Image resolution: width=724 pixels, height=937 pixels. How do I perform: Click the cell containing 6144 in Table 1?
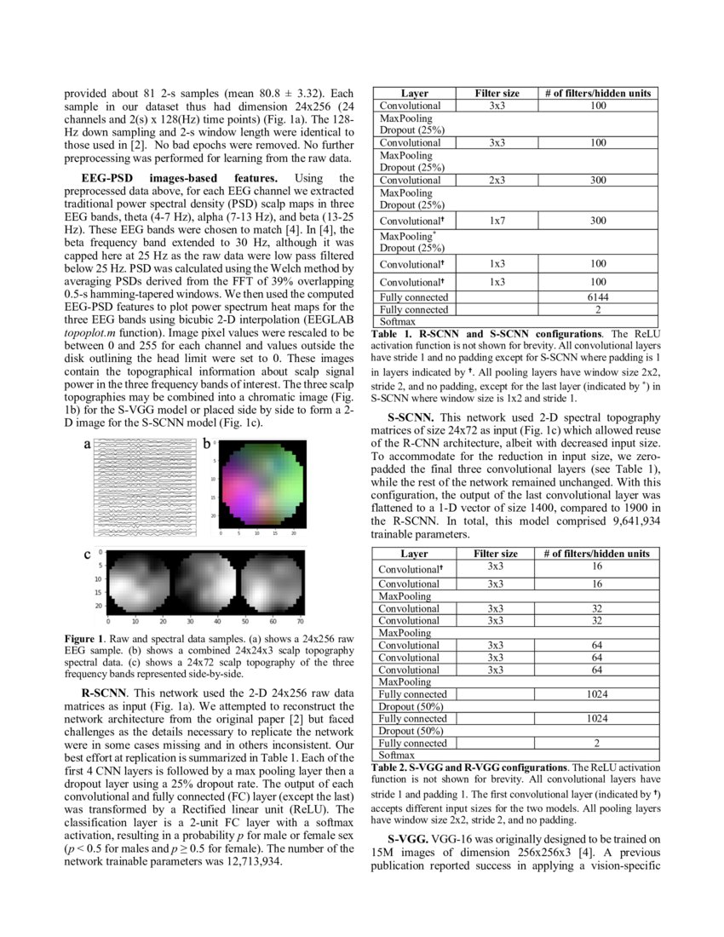tap(598, 298)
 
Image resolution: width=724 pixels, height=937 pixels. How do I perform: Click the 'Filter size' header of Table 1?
tap(497, 93)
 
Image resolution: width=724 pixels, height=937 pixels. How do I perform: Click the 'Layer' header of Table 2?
tap(414, 554)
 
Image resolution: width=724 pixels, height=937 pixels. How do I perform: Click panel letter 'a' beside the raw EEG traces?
tap(87, 444)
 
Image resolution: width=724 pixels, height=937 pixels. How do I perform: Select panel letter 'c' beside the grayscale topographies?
tap(87, 555)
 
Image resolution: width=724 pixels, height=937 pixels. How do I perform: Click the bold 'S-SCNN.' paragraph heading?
tap(411, 418)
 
